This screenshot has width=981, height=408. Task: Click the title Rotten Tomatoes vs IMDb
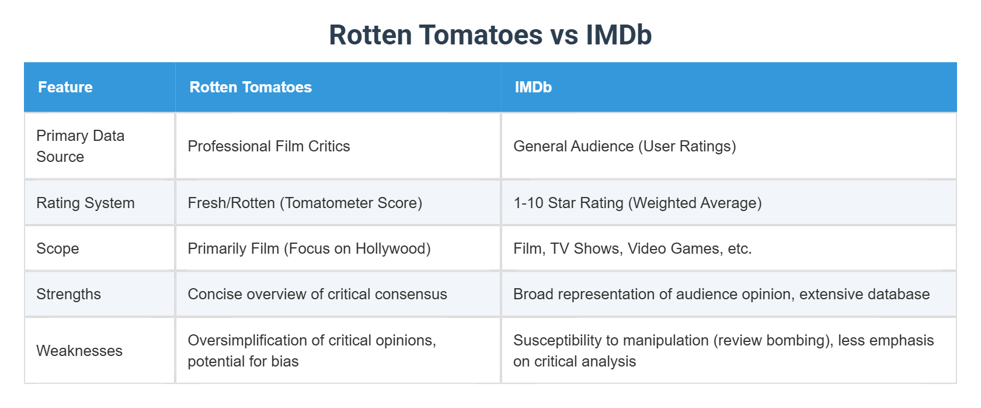click(x=490, y=34)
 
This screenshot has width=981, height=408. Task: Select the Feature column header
click(x=65, y=87)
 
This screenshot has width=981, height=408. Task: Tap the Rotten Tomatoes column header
click(x=251, y=87)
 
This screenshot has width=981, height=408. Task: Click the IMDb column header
click(x=533, y=87)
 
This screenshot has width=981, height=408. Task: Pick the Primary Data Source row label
click(x=80, y=146)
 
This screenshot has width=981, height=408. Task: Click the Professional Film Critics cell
click(x=269, y=146)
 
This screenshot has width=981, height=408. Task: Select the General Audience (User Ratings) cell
click(x=624, y=146)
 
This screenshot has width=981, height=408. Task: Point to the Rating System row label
click(x=85, y=203)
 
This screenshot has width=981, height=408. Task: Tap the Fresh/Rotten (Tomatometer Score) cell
click(x=305, y=203)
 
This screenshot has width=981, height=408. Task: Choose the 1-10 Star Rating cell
click(x=637, y=203)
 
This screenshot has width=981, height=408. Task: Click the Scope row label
click(x=57, y=248)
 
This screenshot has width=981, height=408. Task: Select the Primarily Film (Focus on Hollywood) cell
click(x=309, y=248)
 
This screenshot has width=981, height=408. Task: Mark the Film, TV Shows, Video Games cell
click(x=632, y=248)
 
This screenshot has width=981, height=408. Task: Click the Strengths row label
click(x=68, y=294)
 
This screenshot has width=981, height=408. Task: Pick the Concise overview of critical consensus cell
click(x=317, y=294)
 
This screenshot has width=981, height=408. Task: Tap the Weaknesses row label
click(x=79, y=351)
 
